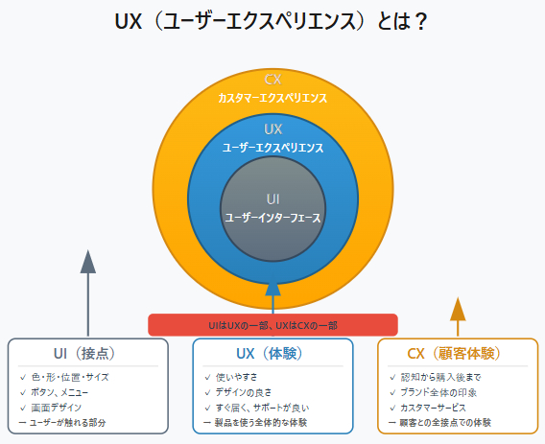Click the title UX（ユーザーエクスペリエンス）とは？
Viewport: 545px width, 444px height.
272,20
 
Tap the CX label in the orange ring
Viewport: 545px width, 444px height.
272,80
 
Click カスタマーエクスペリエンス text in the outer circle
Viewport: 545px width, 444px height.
272,98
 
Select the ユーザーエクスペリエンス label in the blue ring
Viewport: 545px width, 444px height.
272,148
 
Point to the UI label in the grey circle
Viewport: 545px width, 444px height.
272,199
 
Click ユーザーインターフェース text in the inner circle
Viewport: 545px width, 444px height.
272,218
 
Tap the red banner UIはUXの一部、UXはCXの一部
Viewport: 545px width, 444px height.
272,325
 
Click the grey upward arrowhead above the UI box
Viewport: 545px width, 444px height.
88,262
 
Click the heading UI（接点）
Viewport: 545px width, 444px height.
88,353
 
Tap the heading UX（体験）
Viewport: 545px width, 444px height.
272,353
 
